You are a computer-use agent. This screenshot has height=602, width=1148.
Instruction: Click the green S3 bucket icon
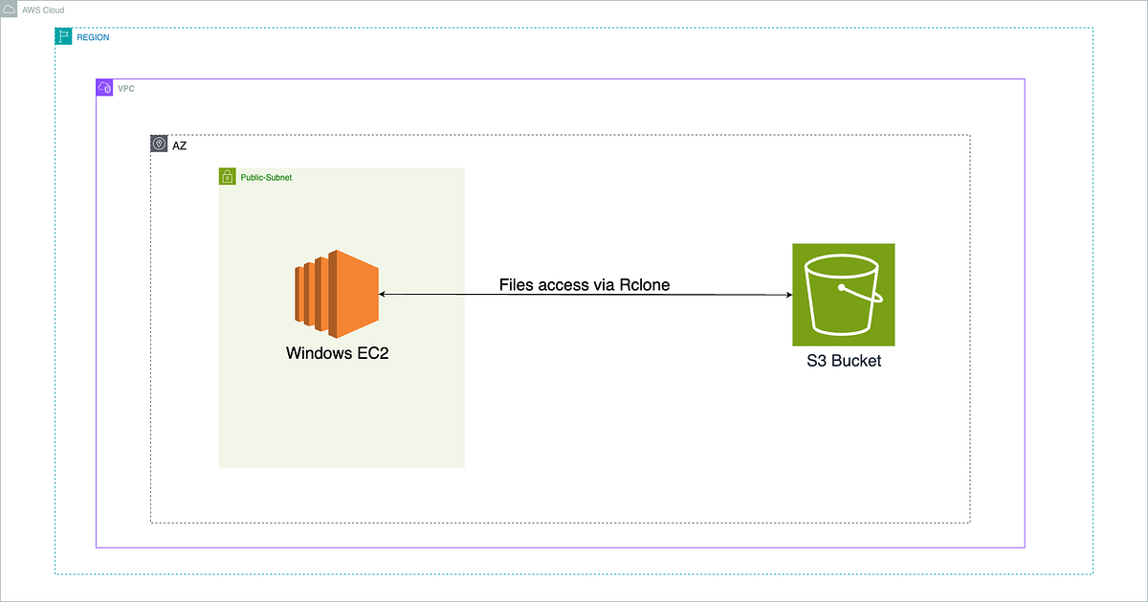coord(843,294)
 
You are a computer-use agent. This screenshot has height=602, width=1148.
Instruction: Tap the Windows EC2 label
coord(338,353)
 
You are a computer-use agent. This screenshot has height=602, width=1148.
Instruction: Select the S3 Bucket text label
coord(843,362)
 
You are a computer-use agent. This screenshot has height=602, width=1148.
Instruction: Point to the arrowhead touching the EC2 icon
coord(384,294)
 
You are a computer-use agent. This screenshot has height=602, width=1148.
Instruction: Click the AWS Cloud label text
coord(43,10)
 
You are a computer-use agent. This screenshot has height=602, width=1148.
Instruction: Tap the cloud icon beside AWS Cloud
coord(9,9)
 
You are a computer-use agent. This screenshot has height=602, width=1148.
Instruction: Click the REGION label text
coord(93,37)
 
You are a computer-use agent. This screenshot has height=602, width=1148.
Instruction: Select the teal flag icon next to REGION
coord(63,36)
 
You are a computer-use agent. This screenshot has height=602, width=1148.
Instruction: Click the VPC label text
coord(126,88)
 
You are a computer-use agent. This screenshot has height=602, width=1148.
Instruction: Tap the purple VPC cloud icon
coord(104,88)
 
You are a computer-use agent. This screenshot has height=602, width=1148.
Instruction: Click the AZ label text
coord(180,145)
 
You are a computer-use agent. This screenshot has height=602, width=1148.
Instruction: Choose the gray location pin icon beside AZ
coord(159,144)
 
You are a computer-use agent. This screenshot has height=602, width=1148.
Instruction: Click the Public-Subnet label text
coord(266,178)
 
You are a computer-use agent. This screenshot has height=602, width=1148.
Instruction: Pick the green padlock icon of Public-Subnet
coord(228,176)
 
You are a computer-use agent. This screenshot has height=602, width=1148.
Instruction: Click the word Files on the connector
coord(519,285)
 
